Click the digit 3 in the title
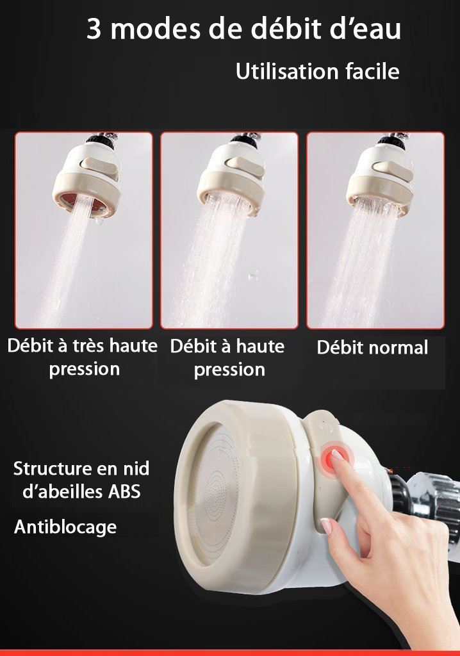[94, 30]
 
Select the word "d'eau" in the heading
[366, 30]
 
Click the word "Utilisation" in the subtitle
[283, 71]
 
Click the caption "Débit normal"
[372, 348]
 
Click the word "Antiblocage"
[65, 527]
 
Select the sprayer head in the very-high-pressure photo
[90, 170]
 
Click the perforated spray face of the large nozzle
[227, 500]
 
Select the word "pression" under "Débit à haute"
[229, 370]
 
